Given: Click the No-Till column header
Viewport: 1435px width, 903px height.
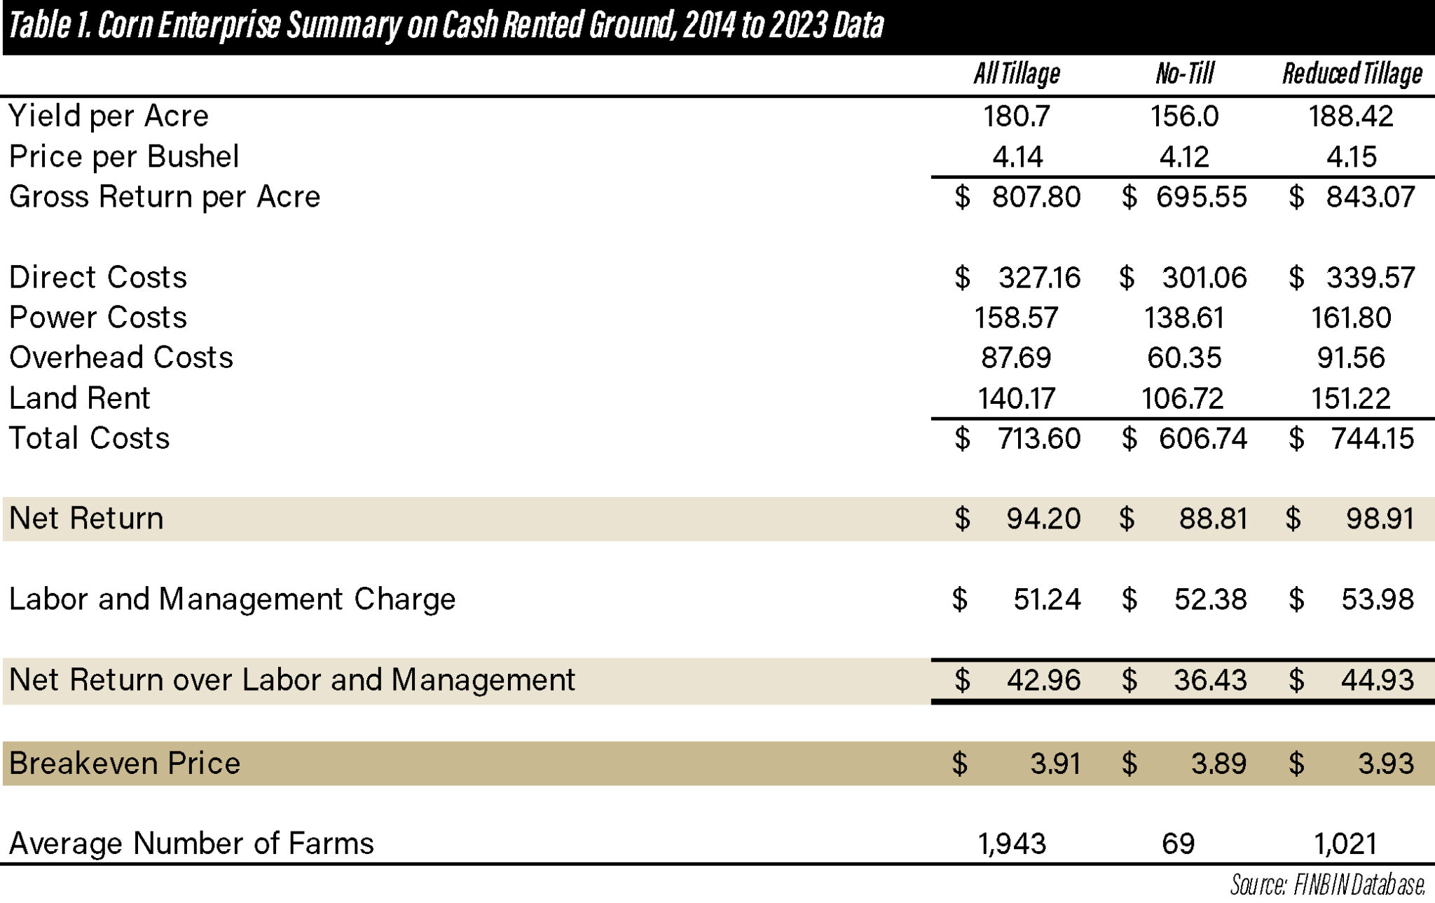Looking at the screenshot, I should [1184, 74].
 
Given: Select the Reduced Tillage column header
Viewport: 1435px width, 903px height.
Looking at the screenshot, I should [1352, 74].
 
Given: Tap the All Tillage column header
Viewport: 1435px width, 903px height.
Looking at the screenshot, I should [1016, 74].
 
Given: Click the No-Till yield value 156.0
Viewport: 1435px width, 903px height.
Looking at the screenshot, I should [1184, 116].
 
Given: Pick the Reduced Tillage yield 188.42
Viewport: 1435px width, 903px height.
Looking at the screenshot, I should [1351, 116].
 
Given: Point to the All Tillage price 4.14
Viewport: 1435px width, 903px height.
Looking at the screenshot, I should [1017, 157].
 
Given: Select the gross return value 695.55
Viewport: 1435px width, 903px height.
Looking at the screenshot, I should [1201, 197].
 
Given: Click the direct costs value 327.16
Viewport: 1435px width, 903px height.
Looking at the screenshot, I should [1039, 278].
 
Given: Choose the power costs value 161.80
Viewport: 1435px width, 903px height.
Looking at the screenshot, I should [1351, 318].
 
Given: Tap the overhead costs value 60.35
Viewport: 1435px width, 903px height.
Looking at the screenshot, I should [1184, 358].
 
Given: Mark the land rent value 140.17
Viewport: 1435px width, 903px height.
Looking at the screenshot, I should [1017, 399].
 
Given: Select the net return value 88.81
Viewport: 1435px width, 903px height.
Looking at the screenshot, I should [1213, 519].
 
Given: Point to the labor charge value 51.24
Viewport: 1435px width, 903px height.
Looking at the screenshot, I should [1047, 599].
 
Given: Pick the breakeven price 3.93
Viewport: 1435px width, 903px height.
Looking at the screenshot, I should [1386, 763].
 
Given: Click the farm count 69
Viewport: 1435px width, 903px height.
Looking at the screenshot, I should [1178, 843].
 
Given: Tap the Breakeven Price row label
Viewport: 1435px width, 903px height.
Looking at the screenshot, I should [125, 763].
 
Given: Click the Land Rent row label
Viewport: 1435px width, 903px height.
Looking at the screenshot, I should [79, 399].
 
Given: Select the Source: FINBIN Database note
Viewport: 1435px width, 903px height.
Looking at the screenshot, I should [1327, 885].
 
